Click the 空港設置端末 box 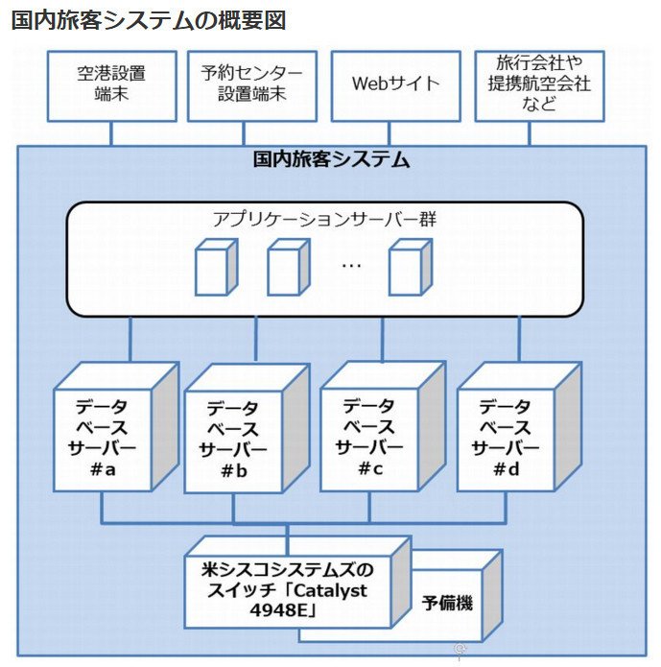[x=112, y=86]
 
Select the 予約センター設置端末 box [x=252, y=86]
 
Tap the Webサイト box [x=396, y=86]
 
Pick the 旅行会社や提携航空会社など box [x=539, y=86]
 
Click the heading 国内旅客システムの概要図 [x=149, y=20]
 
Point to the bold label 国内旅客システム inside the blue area [x=331, y=159]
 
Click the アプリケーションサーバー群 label [x=325, y=219]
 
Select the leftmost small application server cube [x=216, y=267]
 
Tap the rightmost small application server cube [x=411, y=267]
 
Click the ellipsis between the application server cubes [x=351, y=266]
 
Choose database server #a [x=116, y=427]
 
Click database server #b [x=247, y=428]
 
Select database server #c [x=383, y=426]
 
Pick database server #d [x=519, y=427]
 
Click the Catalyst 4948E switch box [x=297, y=582]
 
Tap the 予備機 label [x=447, y=603]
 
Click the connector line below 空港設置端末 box [x=111, y=134]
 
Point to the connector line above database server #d [x=519, y=339]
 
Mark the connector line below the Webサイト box [x=389, y=134]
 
